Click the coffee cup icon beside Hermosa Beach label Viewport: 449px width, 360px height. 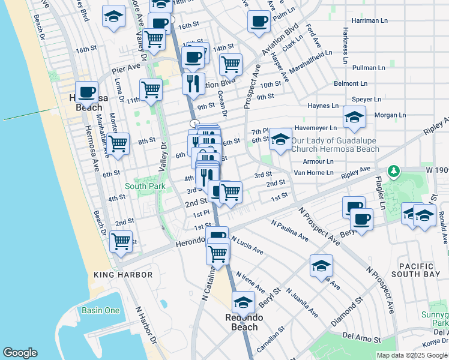coord(87,92)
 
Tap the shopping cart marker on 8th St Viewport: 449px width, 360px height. coord(118,143)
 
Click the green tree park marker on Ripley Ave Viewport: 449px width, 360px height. coord(393,172)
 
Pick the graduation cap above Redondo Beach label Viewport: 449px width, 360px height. coord(243,301)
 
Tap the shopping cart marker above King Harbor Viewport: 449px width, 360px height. coord(121,241)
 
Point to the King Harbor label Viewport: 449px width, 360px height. coord(123,275)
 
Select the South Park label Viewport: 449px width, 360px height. coord(145,187)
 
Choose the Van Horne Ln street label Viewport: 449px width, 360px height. coord(313,173)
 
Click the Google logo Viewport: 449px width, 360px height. coord(20,353)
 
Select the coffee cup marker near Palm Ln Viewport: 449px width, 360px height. coord(259,21)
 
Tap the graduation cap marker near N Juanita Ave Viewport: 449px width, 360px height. coord(321,265)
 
